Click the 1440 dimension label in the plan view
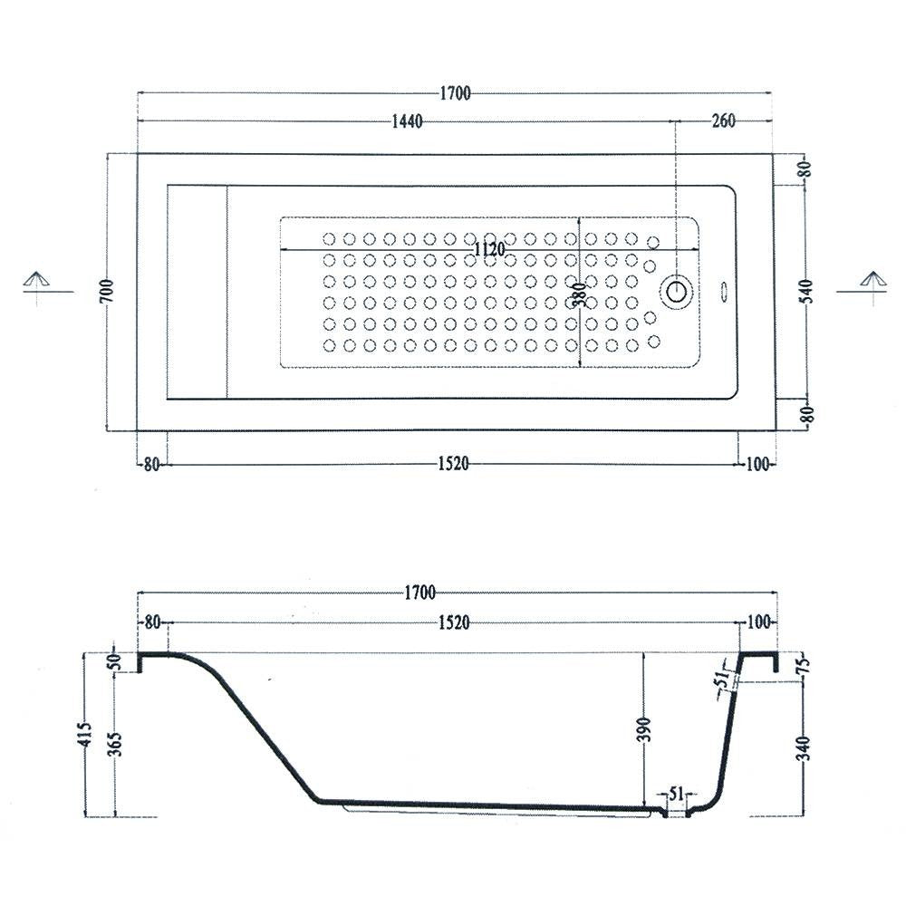coord(408,121)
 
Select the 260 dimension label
coord(723,120)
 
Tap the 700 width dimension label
coord(108,291)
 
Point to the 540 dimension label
coord(808,291)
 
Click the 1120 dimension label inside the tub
coord(489,250)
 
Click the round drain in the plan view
coord(677,291)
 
